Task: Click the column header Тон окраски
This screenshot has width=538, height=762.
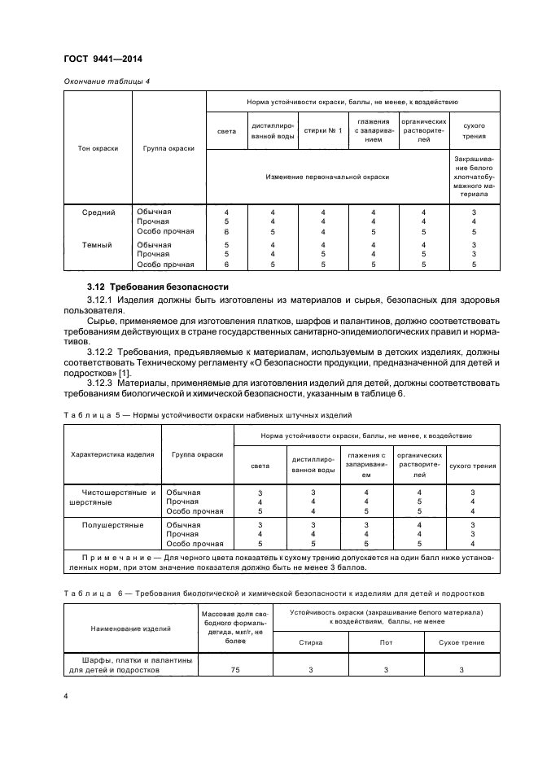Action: [x=98, y=148]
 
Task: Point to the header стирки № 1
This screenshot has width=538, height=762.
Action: [x=323, y=130]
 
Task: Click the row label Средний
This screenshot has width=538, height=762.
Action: [x=98, y=212]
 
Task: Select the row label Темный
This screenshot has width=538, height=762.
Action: [x=98, y=245]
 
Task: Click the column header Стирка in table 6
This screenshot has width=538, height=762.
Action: [x=310, y=642]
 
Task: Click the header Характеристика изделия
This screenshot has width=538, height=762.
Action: [x=112, y=454]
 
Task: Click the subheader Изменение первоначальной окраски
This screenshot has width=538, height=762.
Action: [x=328, y=176]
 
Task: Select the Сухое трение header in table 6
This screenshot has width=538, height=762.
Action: [x=461, y=642]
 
